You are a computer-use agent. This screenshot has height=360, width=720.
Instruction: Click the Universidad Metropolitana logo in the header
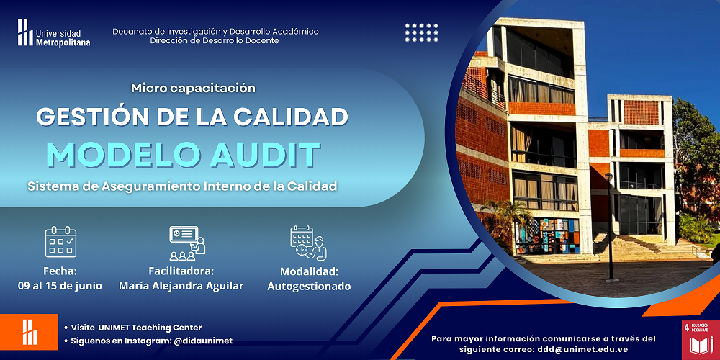54,33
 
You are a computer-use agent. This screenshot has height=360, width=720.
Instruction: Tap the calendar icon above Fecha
60,241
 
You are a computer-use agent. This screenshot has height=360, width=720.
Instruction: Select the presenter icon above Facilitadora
187,243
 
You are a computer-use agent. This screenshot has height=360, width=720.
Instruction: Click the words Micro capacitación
193,88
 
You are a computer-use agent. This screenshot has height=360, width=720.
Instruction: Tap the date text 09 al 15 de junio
60,286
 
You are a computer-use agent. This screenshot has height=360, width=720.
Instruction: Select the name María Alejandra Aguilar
181,286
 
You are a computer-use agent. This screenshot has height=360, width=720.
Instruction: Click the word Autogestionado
309,287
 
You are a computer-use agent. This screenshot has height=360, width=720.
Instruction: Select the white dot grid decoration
421,32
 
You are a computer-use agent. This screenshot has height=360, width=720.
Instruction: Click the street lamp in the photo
610,227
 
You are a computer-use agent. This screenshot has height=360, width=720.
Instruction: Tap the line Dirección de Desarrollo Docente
215,41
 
